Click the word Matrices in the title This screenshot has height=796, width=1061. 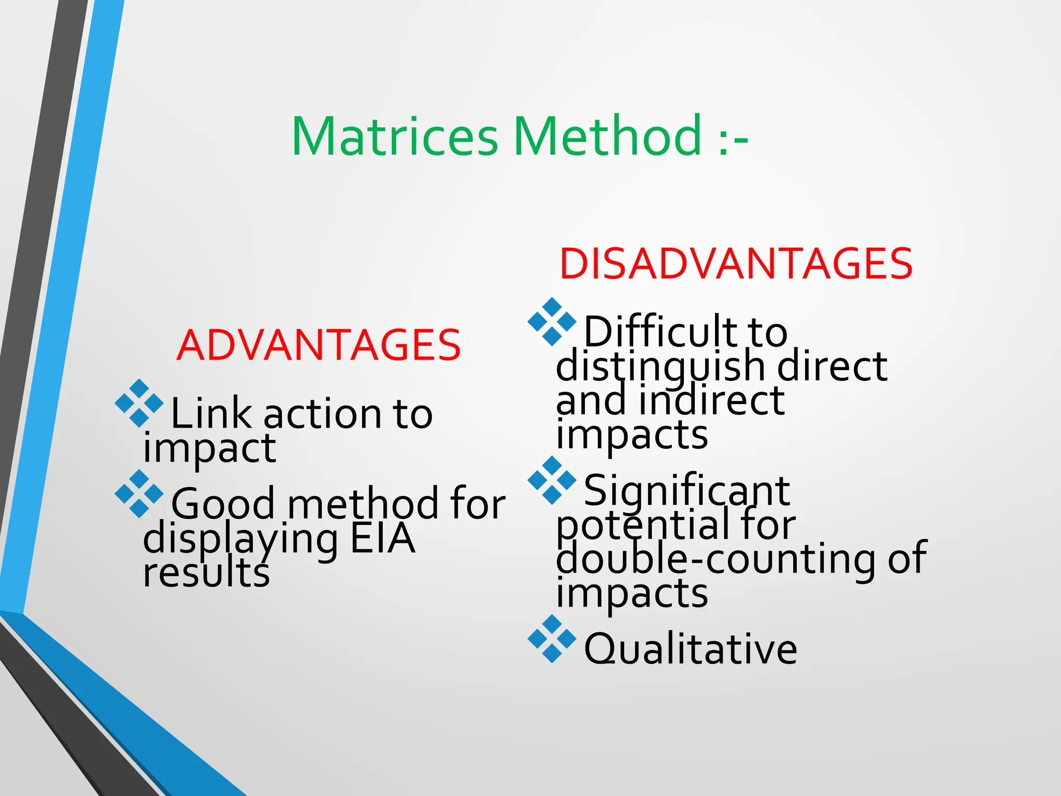(395, 137)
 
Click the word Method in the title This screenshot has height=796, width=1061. (608, 137)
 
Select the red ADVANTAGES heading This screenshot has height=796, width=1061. (318, 346)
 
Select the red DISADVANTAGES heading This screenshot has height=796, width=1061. (736, 264)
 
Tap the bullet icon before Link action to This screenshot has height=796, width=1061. (139, 403)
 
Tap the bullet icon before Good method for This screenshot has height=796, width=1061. (139, 494)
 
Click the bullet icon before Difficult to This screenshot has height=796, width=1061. (552, 321)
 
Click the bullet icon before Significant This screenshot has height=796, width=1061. (552, 480)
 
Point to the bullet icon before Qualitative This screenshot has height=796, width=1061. (552, 639)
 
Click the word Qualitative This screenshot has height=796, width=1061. (691, 649)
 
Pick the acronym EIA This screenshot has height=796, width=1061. (383, 539)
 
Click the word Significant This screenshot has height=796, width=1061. (687, 491)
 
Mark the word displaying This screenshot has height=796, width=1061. (241, 539)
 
